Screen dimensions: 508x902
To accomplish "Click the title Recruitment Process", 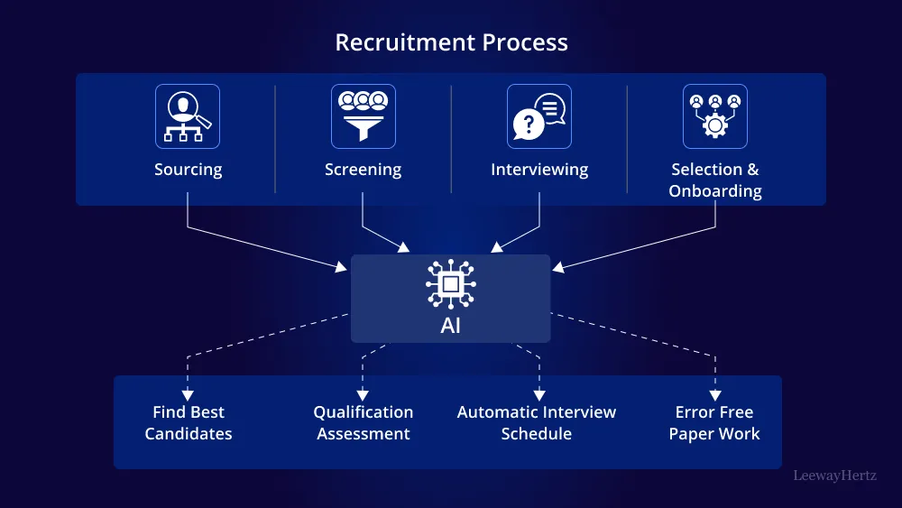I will tap(451, 42).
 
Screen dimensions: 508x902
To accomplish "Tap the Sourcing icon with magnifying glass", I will tap(188, 116).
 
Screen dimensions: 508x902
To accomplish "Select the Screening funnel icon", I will tap(364, 116).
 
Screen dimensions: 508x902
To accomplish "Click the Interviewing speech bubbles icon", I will tap(539, 116).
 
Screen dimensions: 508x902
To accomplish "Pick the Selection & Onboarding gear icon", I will tap(715, 116).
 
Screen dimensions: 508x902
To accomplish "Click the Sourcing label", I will tap(188, 170).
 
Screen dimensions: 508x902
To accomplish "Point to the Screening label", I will tap(364, 170).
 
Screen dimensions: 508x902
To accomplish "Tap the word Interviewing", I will tap(539, 170).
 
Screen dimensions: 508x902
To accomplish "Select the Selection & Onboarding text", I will tap(715, 180).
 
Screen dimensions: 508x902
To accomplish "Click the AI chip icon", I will tap(451, 284).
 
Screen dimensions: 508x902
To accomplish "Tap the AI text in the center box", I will tap(451, 326).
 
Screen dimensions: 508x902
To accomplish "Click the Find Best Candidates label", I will tap(189, 423).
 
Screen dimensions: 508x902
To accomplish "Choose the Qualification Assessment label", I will tap(364, 423).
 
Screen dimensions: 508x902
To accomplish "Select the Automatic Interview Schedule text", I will tap(537, 423).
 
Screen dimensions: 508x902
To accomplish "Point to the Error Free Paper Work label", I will tap(714, 423).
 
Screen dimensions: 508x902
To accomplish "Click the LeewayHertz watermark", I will tap(834, 475).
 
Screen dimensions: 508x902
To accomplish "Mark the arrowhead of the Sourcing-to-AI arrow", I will tap(343, 266).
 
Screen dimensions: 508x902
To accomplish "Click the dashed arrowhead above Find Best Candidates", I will tap(188, 394).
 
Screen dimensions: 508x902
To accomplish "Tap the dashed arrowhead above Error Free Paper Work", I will tap(715, 394).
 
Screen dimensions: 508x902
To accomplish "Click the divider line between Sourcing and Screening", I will tap(275, 139).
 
